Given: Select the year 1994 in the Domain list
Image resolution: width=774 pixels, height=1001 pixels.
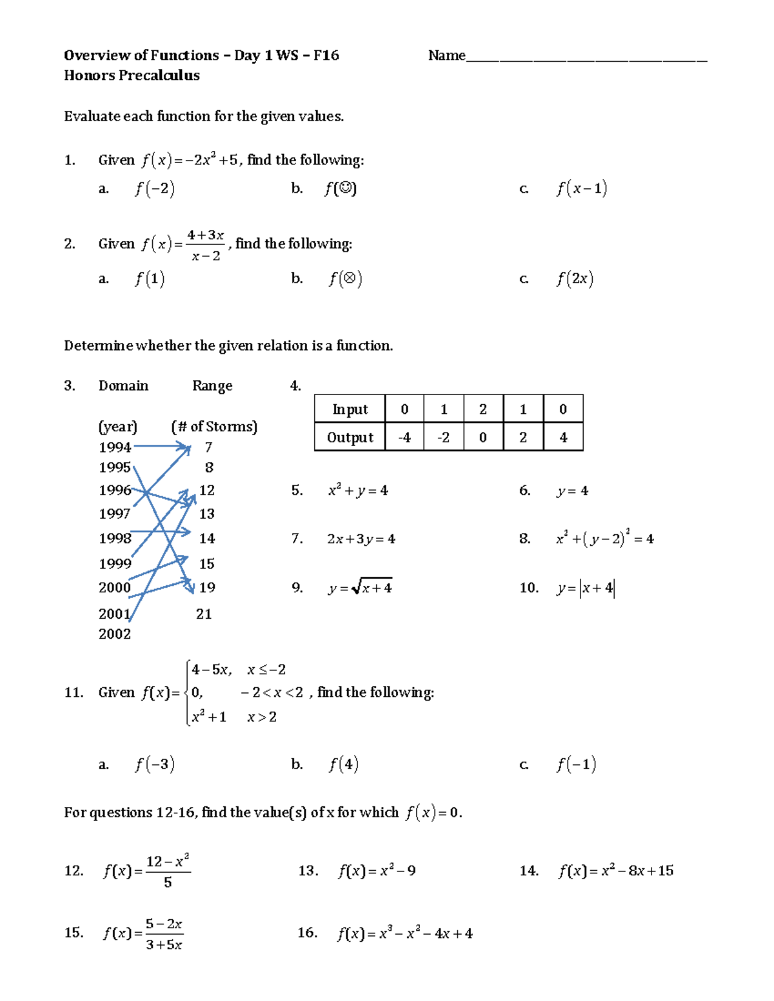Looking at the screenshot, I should (115, 447).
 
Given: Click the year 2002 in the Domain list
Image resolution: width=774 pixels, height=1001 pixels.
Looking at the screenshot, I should (115, 634).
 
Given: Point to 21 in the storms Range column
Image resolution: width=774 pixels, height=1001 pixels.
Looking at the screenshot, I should (204, 614).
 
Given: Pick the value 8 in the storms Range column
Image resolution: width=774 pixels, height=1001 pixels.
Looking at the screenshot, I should (209, 467).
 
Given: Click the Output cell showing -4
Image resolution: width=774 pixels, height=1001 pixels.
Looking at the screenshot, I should (404, 438).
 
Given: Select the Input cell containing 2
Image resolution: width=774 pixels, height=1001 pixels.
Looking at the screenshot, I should (483, 409).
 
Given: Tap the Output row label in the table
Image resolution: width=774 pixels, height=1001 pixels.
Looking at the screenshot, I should (350, 438).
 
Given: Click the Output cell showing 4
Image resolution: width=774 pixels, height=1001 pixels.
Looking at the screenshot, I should (563, 438).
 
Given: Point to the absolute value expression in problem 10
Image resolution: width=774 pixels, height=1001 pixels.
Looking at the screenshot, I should (597, 588).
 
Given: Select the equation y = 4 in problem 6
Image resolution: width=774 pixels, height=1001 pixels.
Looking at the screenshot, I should (572, 491).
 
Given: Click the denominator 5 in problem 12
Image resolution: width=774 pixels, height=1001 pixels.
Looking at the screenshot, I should (168, 882).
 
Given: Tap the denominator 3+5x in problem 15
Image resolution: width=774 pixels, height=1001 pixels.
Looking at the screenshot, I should (164, 945).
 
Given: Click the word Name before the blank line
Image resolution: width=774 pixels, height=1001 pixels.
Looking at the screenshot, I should (446, 55).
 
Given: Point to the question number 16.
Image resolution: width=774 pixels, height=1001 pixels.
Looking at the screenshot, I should (307, 933).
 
